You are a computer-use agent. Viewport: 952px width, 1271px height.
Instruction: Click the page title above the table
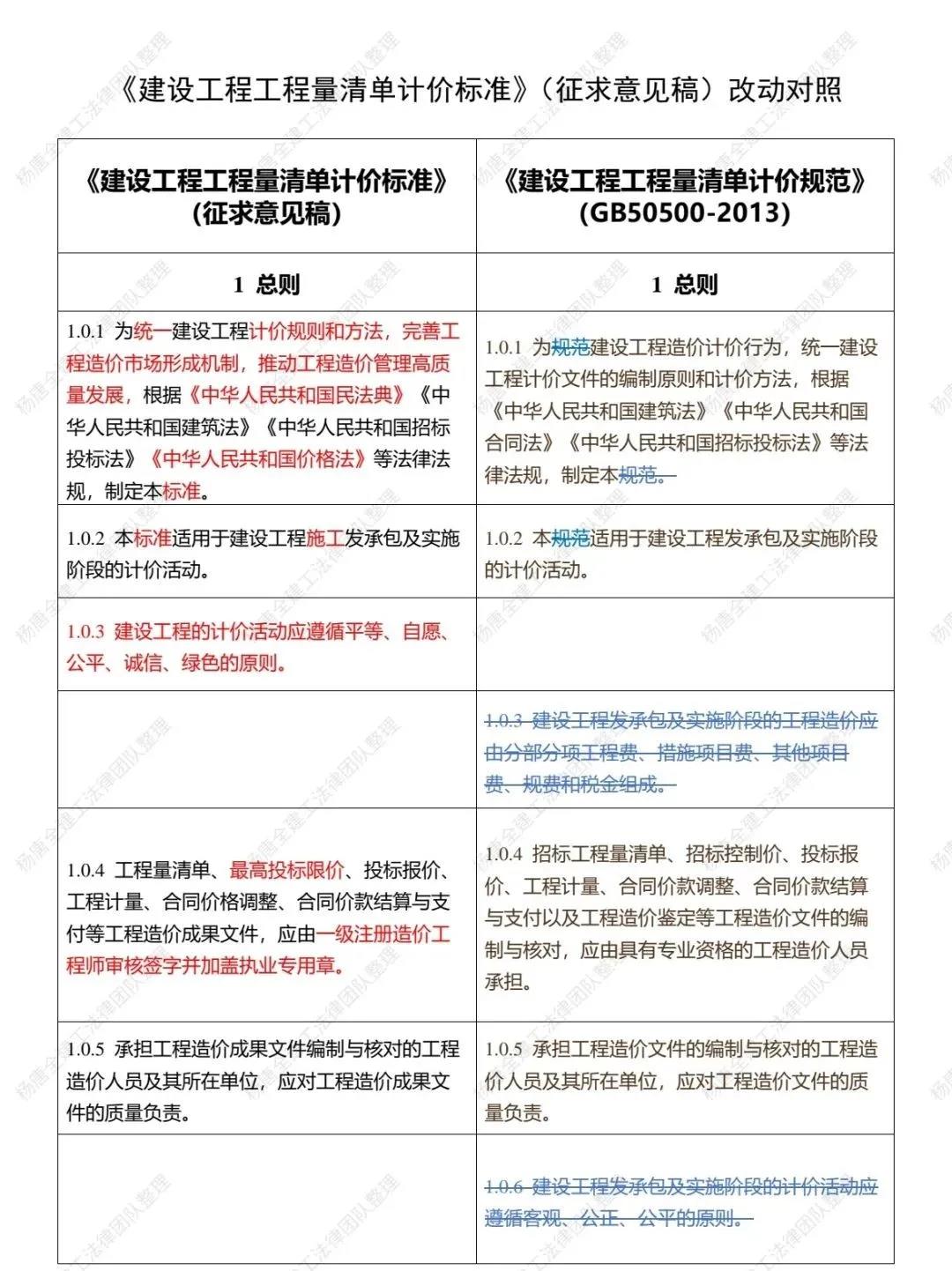[x=477, y=90]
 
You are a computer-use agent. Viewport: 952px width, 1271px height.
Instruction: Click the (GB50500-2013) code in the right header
[x=685, y=213]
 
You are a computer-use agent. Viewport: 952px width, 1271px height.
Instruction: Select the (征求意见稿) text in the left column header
[x=266, y=213]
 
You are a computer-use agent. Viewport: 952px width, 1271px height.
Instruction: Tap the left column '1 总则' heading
[x=266, y=285]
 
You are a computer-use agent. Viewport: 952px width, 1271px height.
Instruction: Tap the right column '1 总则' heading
[x=685, y=285]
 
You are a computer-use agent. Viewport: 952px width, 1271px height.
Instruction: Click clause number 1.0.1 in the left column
[x=86, y=332]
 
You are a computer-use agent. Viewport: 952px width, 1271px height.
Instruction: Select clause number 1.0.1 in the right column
[x=504, y=348]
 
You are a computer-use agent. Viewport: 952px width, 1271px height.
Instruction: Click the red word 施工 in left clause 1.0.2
[x=324, y=538]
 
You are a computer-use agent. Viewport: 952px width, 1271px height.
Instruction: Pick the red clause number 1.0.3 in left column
[x=86, y=632]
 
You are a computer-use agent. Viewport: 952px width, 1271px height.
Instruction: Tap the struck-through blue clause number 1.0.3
[x=504, y=721]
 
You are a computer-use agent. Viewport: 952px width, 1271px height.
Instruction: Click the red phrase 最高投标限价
[x=286, y=871]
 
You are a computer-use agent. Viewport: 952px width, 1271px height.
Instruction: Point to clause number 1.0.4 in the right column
[x=504, y=854]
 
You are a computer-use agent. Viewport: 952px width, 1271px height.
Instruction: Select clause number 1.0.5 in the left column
[x=86, y=1050]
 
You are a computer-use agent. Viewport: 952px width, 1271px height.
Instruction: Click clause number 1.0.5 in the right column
[x=504, y=1050]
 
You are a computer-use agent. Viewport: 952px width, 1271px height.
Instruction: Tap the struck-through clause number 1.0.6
[x=504, y=1187]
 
